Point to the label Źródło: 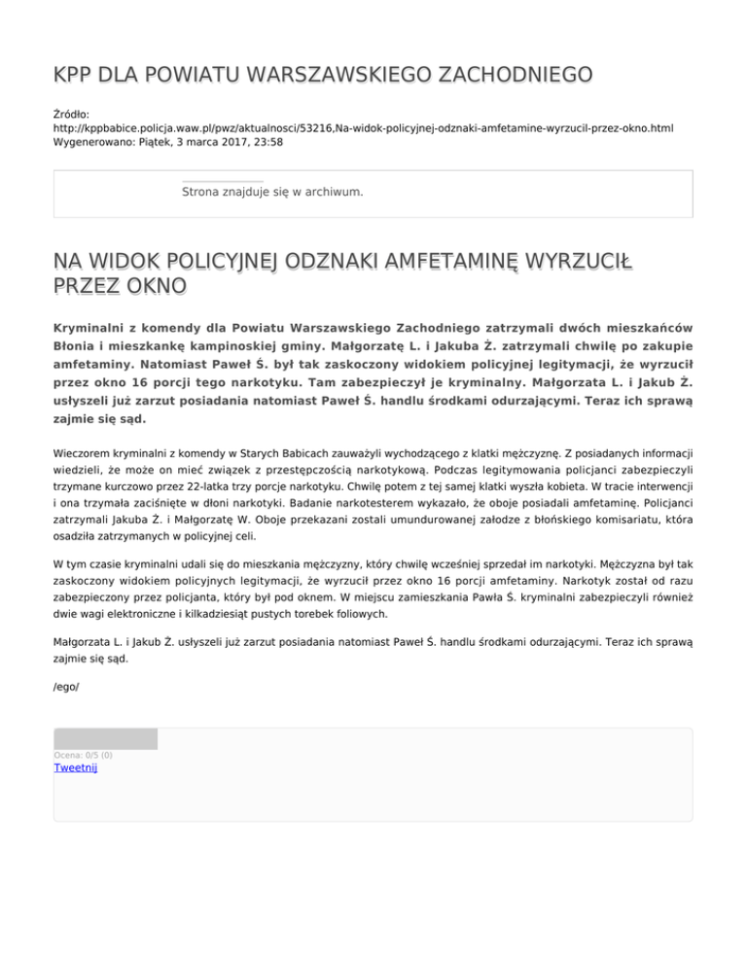tap(72, 114)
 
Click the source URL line tap(363, 127)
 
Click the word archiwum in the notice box tap(334, 192)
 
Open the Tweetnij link tap(76, 768)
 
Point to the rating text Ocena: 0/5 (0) tap(83, 755)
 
